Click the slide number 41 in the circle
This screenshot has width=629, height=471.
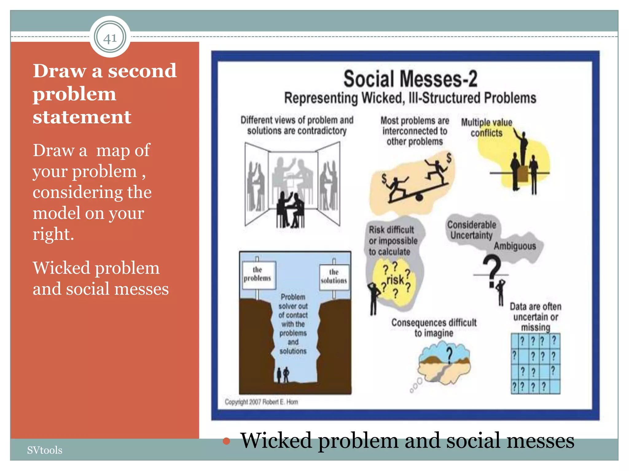[x=110, y=38]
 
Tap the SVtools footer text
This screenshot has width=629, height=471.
[x=45, y=450]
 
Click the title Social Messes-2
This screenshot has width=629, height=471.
[x=410, y=79]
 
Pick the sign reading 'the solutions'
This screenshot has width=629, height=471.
[x=334, y=277]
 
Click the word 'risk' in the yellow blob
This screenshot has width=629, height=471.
[x=395, y=280]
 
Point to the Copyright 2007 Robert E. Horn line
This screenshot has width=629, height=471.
[x=261, y=402]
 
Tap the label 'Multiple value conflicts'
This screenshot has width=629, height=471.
[x=487, y=128]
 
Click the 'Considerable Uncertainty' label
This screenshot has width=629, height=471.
[x=471, y=230]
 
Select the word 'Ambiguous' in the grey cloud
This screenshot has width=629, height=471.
[x=515, y=246]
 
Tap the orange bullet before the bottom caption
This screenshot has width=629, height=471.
[x=226, y=441]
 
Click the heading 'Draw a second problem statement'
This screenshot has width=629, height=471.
[x=105, y=94]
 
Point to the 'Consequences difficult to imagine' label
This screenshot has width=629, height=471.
[x=434, y=327]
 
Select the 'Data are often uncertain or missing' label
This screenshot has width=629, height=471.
[x=535, y=317]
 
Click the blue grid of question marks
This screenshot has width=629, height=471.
[x=535, y=364]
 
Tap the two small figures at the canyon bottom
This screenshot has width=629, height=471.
[x=283, y=375]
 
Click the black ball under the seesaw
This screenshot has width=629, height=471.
[x=419, y=197]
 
